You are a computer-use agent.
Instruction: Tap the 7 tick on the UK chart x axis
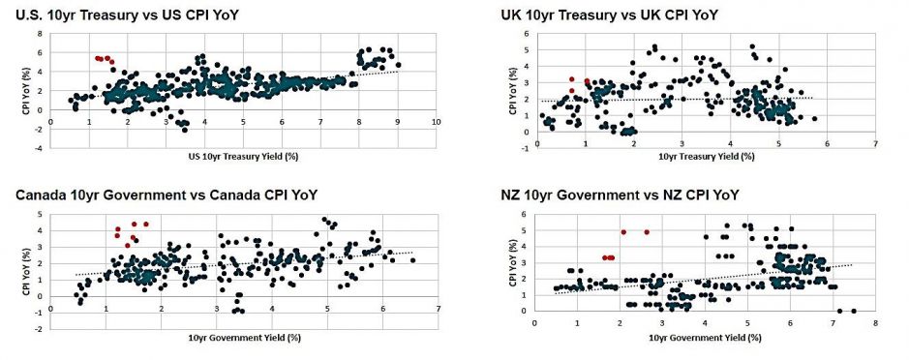click(x=875, y=144)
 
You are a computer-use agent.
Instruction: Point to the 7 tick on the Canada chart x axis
click(x=439, y=309)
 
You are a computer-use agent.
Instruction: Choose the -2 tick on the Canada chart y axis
click(x=40, y=330)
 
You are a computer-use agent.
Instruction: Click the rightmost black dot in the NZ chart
click(x=854, y=311)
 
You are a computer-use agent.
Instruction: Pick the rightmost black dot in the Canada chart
click(x=413, y=260)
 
